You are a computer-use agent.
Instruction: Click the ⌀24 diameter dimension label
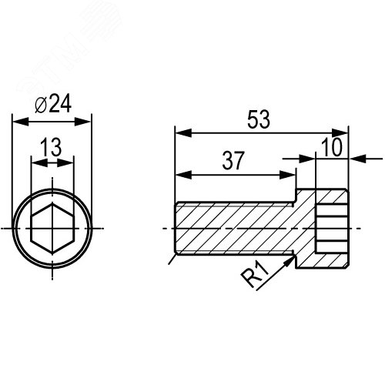point(53,103)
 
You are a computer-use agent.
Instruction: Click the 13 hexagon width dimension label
point(51,147)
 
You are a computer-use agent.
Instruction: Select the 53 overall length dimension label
point(259,119)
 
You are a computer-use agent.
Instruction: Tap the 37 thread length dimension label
point(233,161)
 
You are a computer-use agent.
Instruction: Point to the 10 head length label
point(332,147)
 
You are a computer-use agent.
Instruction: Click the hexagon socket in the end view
point(52,229)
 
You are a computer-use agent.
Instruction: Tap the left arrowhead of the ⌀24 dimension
point(21,122)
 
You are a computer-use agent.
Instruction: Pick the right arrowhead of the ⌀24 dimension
point(82,122)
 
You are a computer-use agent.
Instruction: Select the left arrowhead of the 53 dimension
point(183,133)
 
